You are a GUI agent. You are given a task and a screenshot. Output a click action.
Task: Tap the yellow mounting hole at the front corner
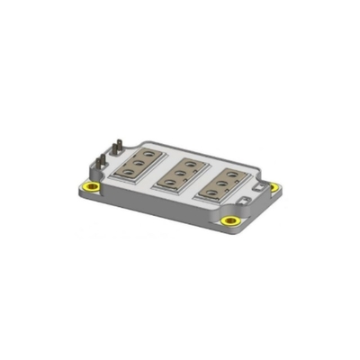click(231, 220)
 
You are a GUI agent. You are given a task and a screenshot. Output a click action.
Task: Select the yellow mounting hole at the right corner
click(276, 187)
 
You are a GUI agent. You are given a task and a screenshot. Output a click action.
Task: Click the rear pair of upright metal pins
click(118, 146)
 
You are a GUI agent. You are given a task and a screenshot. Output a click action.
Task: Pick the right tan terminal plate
click(225, 181)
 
